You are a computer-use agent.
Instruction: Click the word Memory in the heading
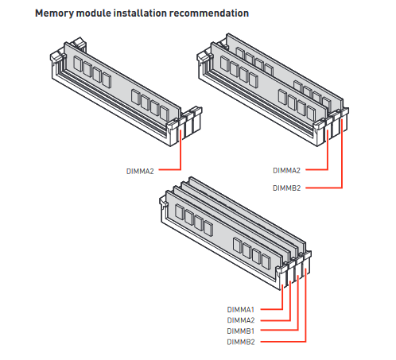[54, 14]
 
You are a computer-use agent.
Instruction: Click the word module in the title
[93, 13]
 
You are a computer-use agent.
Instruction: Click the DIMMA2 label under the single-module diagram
[140, 172]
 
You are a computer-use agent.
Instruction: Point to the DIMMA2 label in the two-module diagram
[286, 170]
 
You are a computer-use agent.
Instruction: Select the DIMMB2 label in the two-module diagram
[286, 188]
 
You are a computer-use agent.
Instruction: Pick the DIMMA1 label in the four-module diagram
[241, 309]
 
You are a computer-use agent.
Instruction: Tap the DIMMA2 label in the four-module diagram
[241, 320]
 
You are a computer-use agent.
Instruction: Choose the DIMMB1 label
[241, 331]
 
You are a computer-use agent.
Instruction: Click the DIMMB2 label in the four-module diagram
[241, 342]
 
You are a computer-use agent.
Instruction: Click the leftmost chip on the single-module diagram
[78, 64]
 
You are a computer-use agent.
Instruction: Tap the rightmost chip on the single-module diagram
[165, 113]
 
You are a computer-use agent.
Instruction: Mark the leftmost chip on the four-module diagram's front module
[180, 212]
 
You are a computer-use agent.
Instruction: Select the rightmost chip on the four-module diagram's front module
[266, 261]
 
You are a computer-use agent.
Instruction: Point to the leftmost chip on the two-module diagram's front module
[225, 64]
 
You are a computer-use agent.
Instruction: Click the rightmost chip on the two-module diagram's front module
[311, 113]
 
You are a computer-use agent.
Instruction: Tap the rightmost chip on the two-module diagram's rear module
[327, 103]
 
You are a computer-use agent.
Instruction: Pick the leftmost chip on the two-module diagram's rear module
[240, 52]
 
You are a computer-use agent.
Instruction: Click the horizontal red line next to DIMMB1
[279, 331]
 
